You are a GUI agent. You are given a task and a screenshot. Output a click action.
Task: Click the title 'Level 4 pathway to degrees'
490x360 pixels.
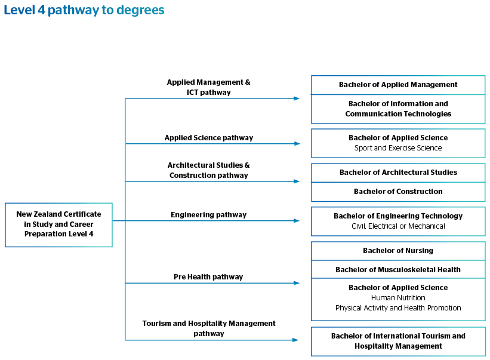click(84, 10)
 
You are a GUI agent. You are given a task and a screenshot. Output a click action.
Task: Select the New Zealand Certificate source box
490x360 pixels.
click(58, 225)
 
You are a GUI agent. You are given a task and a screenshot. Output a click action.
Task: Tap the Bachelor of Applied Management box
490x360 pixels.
click(398, 85)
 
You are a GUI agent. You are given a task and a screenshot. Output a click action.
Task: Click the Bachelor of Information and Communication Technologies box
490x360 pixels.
click(398, 109)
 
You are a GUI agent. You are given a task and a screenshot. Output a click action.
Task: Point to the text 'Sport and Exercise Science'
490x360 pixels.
click(398, 148)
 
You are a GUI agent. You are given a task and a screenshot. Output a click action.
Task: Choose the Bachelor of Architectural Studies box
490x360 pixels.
click(398, 173)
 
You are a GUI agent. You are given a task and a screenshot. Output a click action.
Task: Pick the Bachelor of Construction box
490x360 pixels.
click(398, 192)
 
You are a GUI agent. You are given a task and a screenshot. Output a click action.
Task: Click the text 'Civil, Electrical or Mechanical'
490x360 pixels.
click(398, 226)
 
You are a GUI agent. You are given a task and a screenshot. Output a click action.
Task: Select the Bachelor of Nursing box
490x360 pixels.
click(398, 251)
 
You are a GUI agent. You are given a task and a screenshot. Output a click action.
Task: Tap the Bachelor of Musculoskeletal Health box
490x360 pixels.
click(398, 269)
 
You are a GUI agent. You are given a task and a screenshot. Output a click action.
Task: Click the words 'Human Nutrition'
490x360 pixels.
click(398, 297)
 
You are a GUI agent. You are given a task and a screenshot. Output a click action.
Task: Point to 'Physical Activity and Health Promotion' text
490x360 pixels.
click(398, 308)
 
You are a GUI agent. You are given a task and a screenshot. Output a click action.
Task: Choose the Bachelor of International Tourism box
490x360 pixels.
click(398, 341)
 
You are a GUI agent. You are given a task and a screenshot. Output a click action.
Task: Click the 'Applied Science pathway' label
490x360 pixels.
click(209, 138)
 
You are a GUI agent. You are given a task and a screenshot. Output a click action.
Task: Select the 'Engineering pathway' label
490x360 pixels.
click(208, 215)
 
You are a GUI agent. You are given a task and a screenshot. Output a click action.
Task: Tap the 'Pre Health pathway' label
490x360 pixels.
click(208, 277)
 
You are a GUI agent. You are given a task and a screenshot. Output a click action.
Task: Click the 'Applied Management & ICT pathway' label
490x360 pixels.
click(208, 87)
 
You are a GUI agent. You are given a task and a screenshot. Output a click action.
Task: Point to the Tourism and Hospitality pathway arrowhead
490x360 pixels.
click(295, 340)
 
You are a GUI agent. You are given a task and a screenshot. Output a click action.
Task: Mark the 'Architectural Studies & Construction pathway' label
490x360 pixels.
click(208, 170)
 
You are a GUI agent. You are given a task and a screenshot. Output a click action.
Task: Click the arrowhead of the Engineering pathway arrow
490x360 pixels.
click(297, 221)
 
